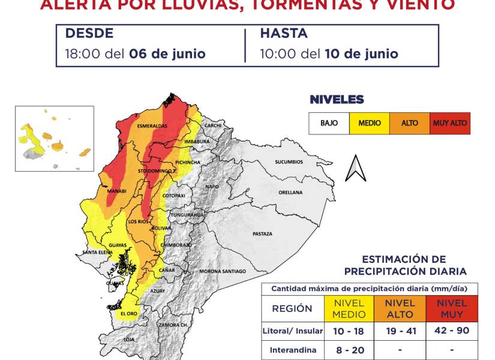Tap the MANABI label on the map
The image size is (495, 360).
116,191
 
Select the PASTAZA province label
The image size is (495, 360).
262,233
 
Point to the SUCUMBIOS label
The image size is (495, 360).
290,162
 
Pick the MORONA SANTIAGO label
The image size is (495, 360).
223,271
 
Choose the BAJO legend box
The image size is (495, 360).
329,123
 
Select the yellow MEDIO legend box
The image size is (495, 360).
369,123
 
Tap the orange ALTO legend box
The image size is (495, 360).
409,123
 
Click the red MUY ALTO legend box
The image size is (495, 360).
449,123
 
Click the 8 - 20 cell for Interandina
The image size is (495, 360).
349,350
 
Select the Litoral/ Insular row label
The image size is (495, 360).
293,331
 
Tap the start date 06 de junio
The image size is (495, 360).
167,53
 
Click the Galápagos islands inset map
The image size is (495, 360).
55,139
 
